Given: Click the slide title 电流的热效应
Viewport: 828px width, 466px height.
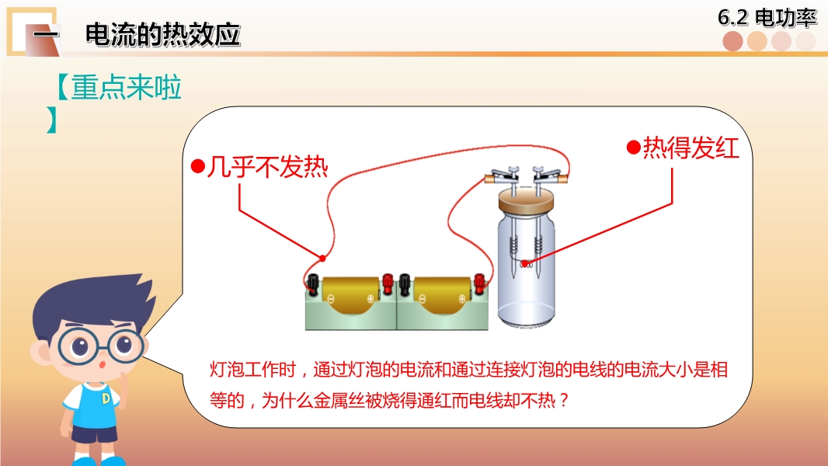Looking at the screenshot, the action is click(162, 35).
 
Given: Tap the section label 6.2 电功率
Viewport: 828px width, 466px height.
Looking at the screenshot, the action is click(767, 18).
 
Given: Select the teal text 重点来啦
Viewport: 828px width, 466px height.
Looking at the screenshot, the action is click(127, 87).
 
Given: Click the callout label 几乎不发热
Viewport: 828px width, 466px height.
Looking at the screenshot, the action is click(267, 167).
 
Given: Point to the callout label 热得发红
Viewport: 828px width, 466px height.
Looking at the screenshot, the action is click(691, 148).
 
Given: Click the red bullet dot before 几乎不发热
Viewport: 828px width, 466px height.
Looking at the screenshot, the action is click(197, 167).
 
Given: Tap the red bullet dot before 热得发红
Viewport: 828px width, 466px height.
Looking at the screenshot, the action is click(634, 148).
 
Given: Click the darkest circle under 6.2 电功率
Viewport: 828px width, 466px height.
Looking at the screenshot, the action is click(733, 41).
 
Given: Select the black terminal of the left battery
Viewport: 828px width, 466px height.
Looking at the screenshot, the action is click(312, 283).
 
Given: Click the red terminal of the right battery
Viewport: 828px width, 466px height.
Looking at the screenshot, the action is click(479, 283).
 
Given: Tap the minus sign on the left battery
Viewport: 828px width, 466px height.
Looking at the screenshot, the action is click(331, 299).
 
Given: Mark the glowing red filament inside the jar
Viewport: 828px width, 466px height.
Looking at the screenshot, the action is click(525, 264).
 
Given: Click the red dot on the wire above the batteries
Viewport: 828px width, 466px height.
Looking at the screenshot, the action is click(322, 258).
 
